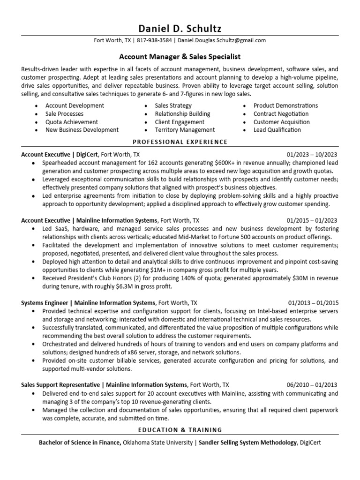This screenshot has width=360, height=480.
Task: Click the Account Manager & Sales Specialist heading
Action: (x=180, y=57)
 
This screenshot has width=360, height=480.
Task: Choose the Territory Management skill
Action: (x=185, y=130)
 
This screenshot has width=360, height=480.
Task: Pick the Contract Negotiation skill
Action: (x=281, y=114)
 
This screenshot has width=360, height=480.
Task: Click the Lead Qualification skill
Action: (x=277, y=130)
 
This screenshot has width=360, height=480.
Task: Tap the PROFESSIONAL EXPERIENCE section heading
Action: (x=180, y=142)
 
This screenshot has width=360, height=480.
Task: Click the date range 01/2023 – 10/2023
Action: (x=312, y=154)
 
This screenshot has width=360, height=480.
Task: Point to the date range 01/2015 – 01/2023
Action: (x=312, y=220)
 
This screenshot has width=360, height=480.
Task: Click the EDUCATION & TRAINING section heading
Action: (x=180, y=430)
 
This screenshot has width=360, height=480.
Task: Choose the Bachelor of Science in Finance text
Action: (x=80, y=442)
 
